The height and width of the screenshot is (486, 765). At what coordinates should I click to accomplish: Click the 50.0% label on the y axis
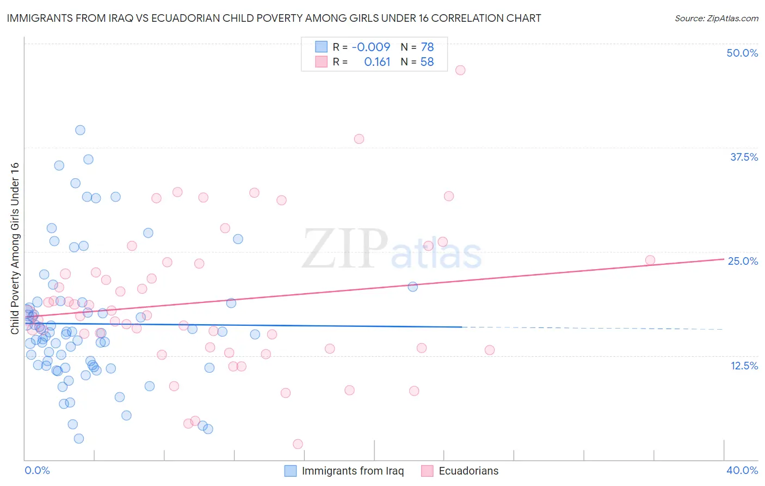pyautogui.click(x=742, y=53)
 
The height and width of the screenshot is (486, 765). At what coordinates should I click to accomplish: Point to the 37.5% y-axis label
pyautogui.click(x=744, y=157)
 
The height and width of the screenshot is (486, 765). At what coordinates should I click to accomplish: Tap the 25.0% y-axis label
pyautogui.click(x=743, y=261)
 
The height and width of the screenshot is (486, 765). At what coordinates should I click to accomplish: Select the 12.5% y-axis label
pyautogui.click(x=744, y=366)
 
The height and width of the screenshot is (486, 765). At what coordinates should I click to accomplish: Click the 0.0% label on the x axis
pyautogui.click(x=37, y=470)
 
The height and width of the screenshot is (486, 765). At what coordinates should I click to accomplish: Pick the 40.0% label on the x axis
pyautogui.click(x=742, y=470)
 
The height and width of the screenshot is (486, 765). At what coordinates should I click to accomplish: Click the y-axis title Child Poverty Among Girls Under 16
pyautogui.click(x=15, y=248)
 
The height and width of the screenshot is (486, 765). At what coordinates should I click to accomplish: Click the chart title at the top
pyautogui.click(x=274, y=18)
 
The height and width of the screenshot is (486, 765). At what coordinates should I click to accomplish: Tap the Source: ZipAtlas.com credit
pyautogui.click(x=716, y=19)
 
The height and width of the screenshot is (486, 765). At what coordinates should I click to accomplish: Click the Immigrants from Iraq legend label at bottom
pyautogui.click(x=353, y=471)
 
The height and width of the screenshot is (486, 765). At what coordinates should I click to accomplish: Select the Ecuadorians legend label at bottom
pyautogui.click(x=468, y=471)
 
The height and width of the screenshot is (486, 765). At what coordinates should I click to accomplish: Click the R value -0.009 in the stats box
pyautogui.click(x=371, y=47)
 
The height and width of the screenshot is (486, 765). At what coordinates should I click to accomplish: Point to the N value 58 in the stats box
pyautogui.click(x=427, y=62)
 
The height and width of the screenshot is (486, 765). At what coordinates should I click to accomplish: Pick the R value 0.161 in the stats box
pyautogui.click(x=377, y=62)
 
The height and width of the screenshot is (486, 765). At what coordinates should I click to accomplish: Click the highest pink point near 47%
pyautogui.click(x=460, y=70)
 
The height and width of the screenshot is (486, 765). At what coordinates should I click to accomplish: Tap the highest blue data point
pyautogui.click(x=80, y=130)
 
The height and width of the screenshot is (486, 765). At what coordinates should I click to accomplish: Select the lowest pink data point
pyautogui.click(x=298, y=444)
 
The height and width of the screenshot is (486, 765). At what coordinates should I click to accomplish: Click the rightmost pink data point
pyautogui.click(x=650, y=260)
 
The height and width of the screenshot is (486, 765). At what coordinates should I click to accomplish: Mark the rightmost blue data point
pyautogui.click(x=413, y=287)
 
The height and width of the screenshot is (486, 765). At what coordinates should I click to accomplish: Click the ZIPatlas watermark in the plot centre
pyautogui.click(x=392, y=250)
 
